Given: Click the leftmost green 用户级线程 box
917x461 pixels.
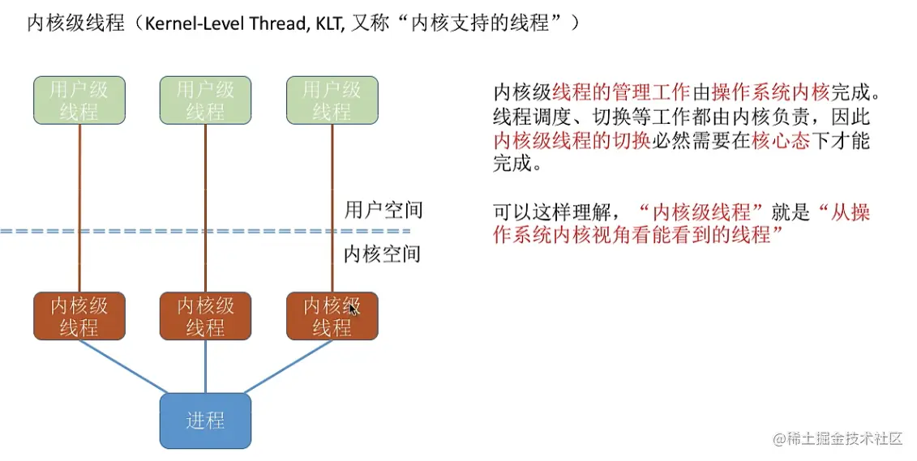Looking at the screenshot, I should (x=79, y=100).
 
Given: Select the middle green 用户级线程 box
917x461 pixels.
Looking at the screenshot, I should (x=205, y=100).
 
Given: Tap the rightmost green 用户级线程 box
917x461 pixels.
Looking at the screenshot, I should (x=332, y=100).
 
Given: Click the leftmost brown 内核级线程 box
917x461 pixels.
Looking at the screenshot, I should (x=79, y=316).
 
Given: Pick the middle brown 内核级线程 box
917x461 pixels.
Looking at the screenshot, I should (x=205, y=316).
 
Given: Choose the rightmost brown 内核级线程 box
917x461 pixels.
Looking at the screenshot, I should (x=332, y=316).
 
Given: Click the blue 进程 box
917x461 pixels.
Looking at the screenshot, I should (x=205, y=420).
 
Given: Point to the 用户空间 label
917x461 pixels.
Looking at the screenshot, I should (x=384, y=211).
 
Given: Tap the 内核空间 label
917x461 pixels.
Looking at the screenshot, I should (x=384, y=254).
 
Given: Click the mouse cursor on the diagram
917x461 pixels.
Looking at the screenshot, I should (x=353, y=308).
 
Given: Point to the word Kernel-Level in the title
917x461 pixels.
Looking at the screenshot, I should (x=192, y=23).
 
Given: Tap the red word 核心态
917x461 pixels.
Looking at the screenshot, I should (x=781, y=140).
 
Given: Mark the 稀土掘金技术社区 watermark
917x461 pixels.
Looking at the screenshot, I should (x=838, y=438).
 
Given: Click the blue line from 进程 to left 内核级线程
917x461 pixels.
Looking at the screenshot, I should (x=122, y=368).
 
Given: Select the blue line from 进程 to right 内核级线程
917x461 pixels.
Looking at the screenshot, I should (x=289, y=368).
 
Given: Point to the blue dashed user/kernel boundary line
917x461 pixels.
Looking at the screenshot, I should (x=162, y=232).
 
